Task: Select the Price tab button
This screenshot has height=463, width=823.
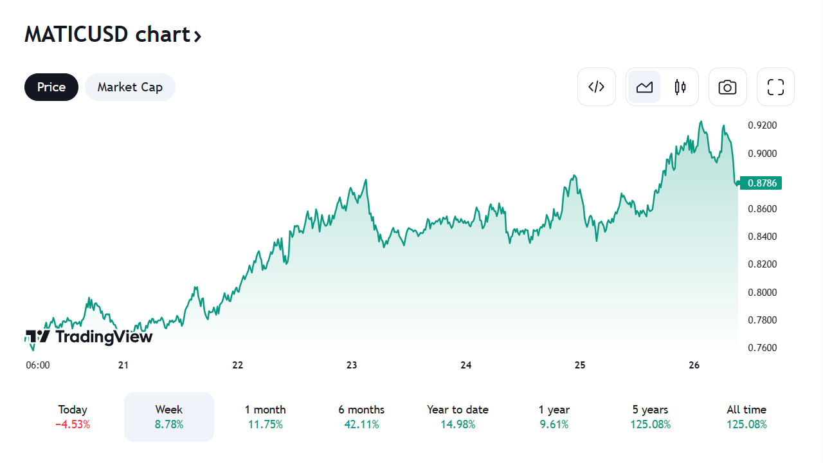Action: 51,87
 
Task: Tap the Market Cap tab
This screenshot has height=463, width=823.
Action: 130,87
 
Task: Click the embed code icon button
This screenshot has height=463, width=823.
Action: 597,87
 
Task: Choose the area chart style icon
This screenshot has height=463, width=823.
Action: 644,87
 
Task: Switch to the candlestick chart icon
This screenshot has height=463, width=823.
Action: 680,87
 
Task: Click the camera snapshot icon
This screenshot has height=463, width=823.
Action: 728,87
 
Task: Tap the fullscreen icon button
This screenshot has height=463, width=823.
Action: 776,87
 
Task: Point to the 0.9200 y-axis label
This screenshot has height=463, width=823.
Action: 763,125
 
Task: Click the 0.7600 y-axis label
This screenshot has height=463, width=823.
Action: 763,348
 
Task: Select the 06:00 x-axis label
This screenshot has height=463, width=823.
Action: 38,365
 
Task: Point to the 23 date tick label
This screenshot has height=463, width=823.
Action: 352,365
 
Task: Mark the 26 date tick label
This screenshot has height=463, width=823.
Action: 694,365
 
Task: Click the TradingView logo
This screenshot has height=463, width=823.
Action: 89,336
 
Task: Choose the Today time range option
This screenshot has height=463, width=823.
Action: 73,416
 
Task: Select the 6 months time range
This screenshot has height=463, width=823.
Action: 361,416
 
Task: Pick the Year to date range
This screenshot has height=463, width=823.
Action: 458,416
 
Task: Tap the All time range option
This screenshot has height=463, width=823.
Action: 746,416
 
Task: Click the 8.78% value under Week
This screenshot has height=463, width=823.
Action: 169,424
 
